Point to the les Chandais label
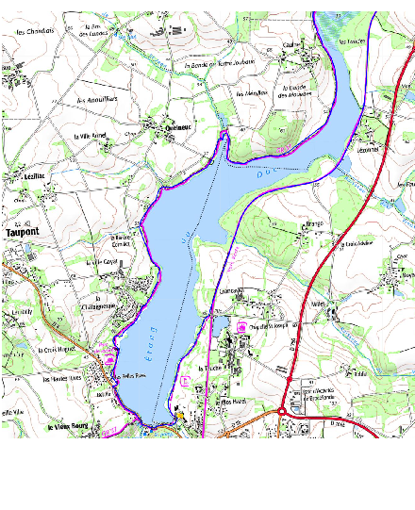[36, 31]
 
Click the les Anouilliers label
[94, 99]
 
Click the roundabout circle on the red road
[282, 411]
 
